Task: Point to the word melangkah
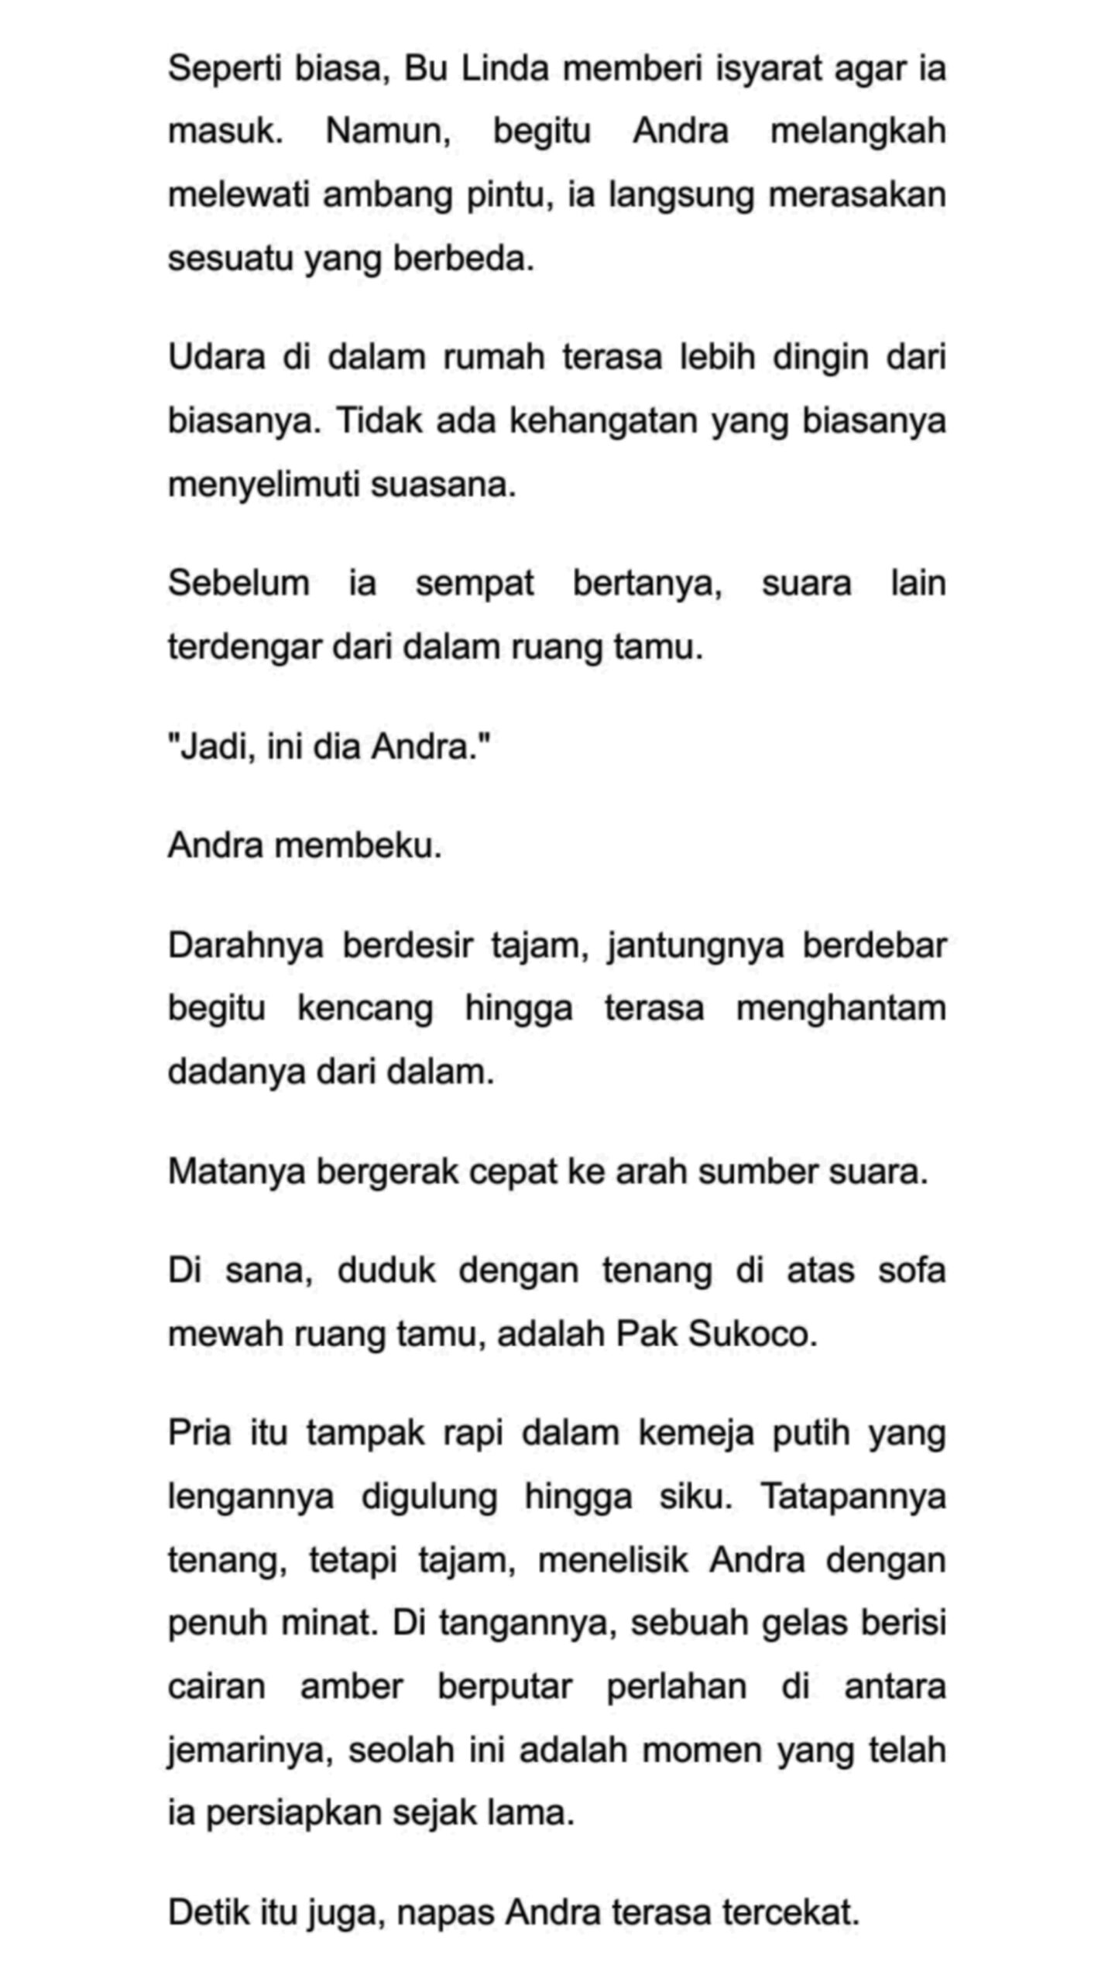(858, 131)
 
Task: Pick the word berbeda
(463, 258)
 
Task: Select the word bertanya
(647, 583)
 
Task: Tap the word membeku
(358, 845)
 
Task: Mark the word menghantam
(841, 1009)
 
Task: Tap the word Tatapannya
(853, 1497)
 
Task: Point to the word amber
(352, 1687)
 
